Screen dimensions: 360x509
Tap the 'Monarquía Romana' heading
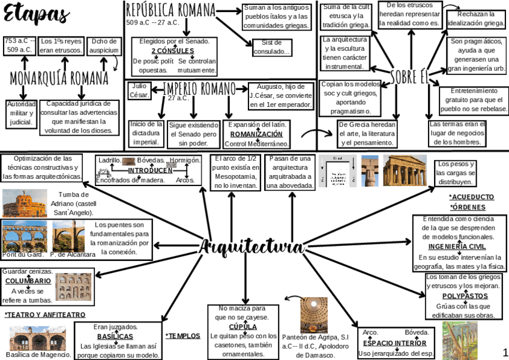tap(59, 79)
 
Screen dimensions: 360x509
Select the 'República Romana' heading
tap(170, 10)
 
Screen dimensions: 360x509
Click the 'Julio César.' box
tap(139, 91)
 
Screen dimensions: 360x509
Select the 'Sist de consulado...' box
tap(271, 47)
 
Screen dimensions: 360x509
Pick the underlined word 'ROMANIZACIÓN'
tap(256, 134)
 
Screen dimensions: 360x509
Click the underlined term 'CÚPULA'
tap(243, 327)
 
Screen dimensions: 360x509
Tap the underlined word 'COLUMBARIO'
tap(28, 281)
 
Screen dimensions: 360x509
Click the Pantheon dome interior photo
tap(314, 314)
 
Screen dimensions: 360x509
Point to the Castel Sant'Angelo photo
tap(24, 203)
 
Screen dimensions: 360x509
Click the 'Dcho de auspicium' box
tap(104, 46)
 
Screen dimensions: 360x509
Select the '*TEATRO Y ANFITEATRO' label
tap(44, 314)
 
